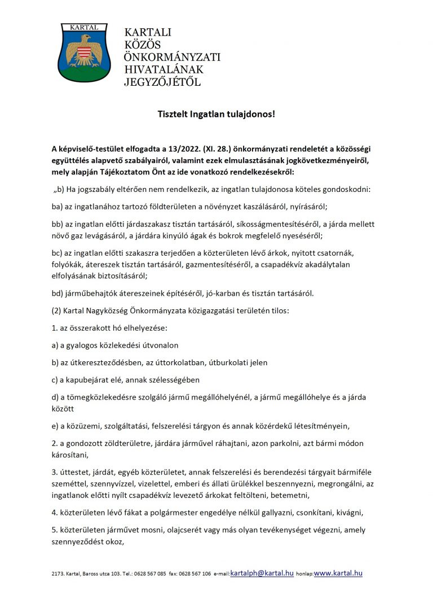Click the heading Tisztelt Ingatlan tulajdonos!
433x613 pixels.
[x=216, y=114]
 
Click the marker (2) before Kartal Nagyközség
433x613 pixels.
[x=57, y=310]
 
